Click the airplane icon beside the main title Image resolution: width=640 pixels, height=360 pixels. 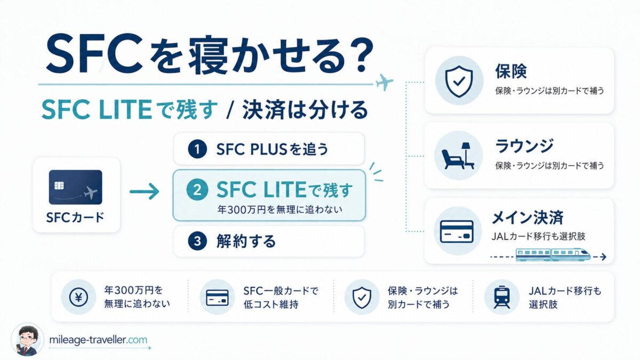pos(385,82)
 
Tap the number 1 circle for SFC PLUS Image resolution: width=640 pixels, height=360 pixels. pos(197,149)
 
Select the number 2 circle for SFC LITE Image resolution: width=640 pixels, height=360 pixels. pos(197,190)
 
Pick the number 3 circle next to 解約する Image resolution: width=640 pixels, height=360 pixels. pos(197,241)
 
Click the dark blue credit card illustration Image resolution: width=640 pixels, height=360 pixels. pos(75,187)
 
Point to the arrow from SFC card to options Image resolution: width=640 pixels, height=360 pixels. pos(145,191)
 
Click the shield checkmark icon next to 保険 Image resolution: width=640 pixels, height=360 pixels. pos(459,81)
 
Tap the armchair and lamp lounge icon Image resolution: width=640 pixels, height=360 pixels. pos(458,156)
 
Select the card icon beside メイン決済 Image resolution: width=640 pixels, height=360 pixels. pos(457,231)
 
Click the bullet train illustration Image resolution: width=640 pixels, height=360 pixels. pos(553,254)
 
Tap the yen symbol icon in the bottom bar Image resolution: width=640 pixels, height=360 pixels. pos(78,297)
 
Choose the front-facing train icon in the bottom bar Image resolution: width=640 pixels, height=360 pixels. pos(502,297)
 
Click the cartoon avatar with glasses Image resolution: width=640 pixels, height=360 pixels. pos(27,340)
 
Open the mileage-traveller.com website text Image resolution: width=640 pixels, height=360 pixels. pos(98,340)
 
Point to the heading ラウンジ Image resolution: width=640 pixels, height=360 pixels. pos(524,146)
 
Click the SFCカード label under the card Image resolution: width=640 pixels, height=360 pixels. pos(75,218)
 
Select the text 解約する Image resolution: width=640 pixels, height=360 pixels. pos(246,241)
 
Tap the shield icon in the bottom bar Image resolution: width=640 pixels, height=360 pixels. pos(362,297)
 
